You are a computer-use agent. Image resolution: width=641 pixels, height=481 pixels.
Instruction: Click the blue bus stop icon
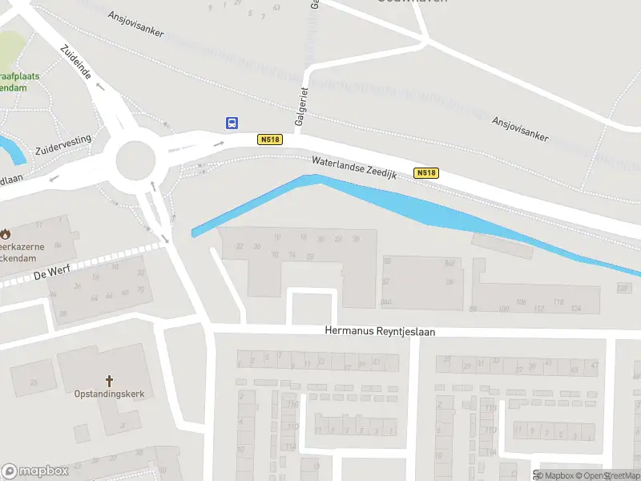click(232, 123)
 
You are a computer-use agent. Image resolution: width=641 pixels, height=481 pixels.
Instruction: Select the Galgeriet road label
click(301, 107)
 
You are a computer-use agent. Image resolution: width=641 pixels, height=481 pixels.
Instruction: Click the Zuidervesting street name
click(63, 145)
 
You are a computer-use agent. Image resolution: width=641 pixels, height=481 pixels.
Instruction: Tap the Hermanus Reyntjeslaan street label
click(379, 330)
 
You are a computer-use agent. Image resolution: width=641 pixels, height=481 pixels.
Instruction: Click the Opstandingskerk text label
click(110, 394)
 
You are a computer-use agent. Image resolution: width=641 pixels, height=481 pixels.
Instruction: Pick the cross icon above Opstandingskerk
click(110, 380)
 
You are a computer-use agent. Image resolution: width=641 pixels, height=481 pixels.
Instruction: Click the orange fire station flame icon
click(6, 234)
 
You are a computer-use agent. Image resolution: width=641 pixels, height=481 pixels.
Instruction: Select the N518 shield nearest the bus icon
click(270, 139)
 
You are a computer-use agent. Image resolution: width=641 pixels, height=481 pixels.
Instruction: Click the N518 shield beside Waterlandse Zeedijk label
click(426, 173)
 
